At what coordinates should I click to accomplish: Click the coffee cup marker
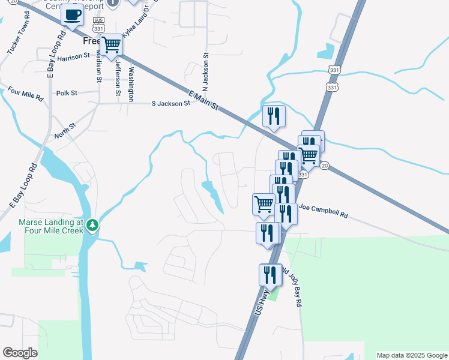[x=73, y=15]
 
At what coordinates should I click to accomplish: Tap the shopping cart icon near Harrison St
[x=111, y=45]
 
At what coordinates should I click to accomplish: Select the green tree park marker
[x=92, y=225]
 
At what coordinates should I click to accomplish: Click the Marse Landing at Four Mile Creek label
[x=53, y=226]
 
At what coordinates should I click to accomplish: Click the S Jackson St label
[x=170, y=103]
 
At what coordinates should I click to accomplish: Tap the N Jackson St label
[x=205, y=72]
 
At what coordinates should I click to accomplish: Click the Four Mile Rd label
[x=26, y=95]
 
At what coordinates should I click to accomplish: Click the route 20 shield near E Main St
[x=324, y=166]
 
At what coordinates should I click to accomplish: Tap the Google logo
[x=20, y=352]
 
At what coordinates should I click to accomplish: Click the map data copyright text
[x=412, y=355]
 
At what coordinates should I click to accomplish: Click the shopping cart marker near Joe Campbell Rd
[x=264, y=205]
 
